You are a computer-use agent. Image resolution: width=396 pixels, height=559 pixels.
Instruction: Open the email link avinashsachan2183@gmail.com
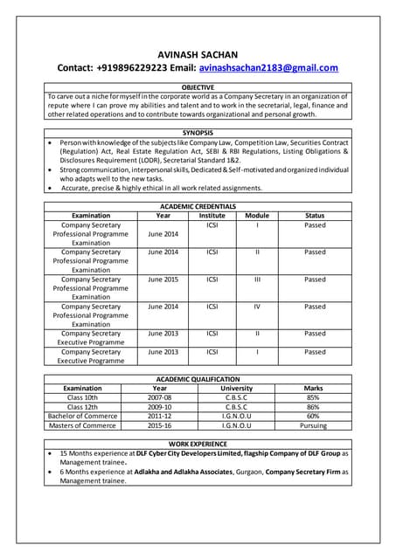(268, 67)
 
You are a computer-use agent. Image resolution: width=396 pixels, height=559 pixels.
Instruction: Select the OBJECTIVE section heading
(198, 88)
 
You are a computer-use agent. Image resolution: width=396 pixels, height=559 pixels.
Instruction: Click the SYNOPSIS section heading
(198, 132)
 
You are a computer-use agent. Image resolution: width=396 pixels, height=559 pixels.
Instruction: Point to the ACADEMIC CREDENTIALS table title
(198, 206)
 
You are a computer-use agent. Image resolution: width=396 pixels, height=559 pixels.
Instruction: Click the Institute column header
(212, 215)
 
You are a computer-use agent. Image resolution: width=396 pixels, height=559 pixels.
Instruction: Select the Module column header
(257, 215)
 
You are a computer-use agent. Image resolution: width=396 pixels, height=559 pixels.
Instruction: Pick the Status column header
(315, 215)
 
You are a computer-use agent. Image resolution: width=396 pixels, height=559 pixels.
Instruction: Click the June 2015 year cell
(163, 279)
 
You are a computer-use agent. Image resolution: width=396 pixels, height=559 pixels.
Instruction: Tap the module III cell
(257, 279)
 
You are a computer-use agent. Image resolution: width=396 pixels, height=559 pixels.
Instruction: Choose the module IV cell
(257, 307)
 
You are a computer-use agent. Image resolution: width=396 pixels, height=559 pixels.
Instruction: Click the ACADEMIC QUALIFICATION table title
(198, 379)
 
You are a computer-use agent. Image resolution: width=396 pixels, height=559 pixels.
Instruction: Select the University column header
(237, 388)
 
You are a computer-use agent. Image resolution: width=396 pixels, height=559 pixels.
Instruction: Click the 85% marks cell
(313, 397)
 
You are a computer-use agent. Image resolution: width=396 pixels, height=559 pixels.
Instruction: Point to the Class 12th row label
(83, 407)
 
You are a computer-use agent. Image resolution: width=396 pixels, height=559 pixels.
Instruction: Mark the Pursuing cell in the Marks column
(313, 426)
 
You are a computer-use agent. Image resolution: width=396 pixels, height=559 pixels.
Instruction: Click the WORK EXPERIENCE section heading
(198, 445)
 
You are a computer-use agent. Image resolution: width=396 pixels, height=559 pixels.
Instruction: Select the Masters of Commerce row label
(83, 426)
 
